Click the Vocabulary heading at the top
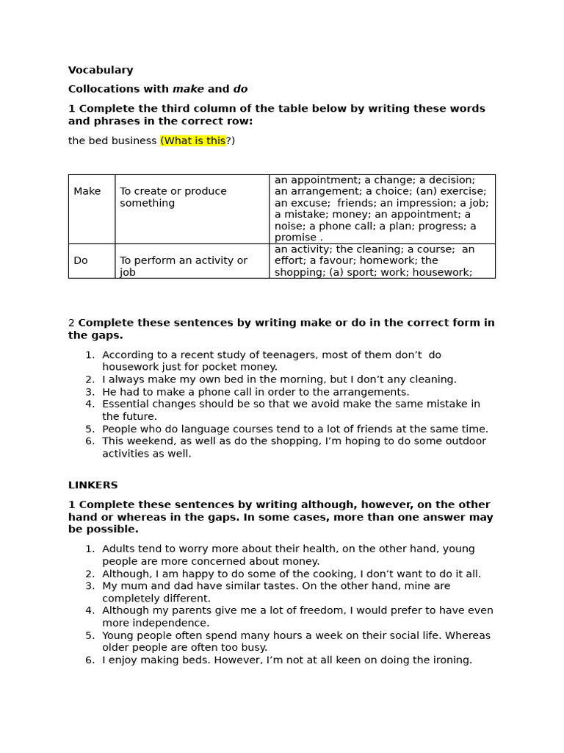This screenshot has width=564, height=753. point(101,71)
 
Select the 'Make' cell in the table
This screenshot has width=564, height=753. point(87,191)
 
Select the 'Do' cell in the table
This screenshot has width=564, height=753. point(81,260)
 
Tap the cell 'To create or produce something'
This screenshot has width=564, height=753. point(173,197)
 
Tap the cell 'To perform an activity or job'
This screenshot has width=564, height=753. point(184,265)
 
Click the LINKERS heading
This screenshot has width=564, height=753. point(93,485)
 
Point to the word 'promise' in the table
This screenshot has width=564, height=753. point(295,238)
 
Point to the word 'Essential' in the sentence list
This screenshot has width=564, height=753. point(126,404)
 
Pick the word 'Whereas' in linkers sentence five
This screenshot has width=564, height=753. point(471,635)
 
